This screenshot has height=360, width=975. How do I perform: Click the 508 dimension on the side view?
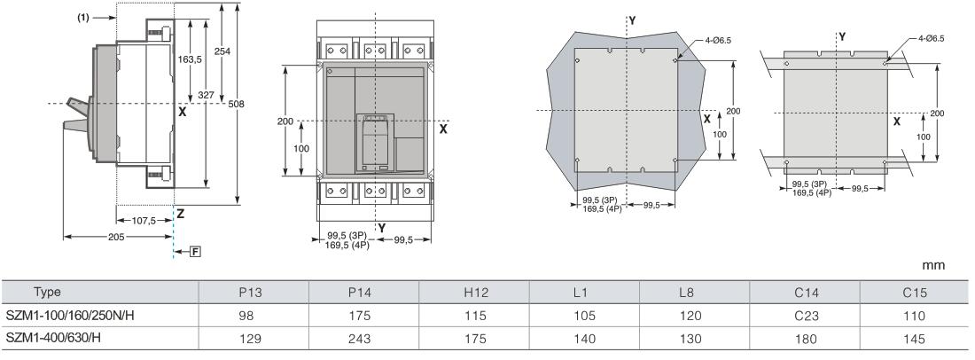click(236, 104)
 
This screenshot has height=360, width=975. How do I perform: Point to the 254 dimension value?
click(222, 51)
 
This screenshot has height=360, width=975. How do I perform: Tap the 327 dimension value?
click(207, 95)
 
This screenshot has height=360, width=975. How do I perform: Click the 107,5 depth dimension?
click(144, 220)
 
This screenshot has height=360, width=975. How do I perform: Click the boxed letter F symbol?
click(195, 252)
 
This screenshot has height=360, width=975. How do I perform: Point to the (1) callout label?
click(82, 18)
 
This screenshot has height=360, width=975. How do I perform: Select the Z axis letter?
click(180, 214)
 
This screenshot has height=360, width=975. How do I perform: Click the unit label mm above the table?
click(933, 265)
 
